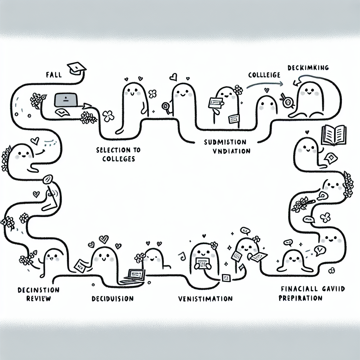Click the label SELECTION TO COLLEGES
(118, 154)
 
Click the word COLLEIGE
(264, 75)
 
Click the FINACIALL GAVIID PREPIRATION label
(312, 293)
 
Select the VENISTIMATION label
(205, 299)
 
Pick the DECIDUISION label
(112, 299)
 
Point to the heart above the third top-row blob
(173, 76)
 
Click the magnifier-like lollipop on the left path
(47, 180)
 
